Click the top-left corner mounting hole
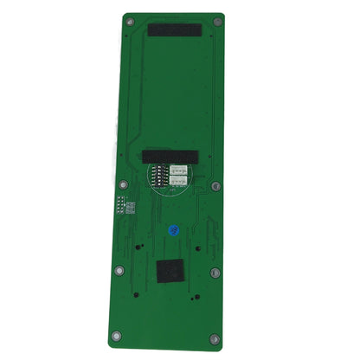point(129,22)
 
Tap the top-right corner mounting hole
point(217,22)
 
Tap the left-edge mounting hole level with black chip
point(117,267)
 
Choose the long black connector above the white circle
point(170,157)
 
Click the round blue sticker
point(174,231)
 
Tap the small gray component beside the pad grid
point(131,209)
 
